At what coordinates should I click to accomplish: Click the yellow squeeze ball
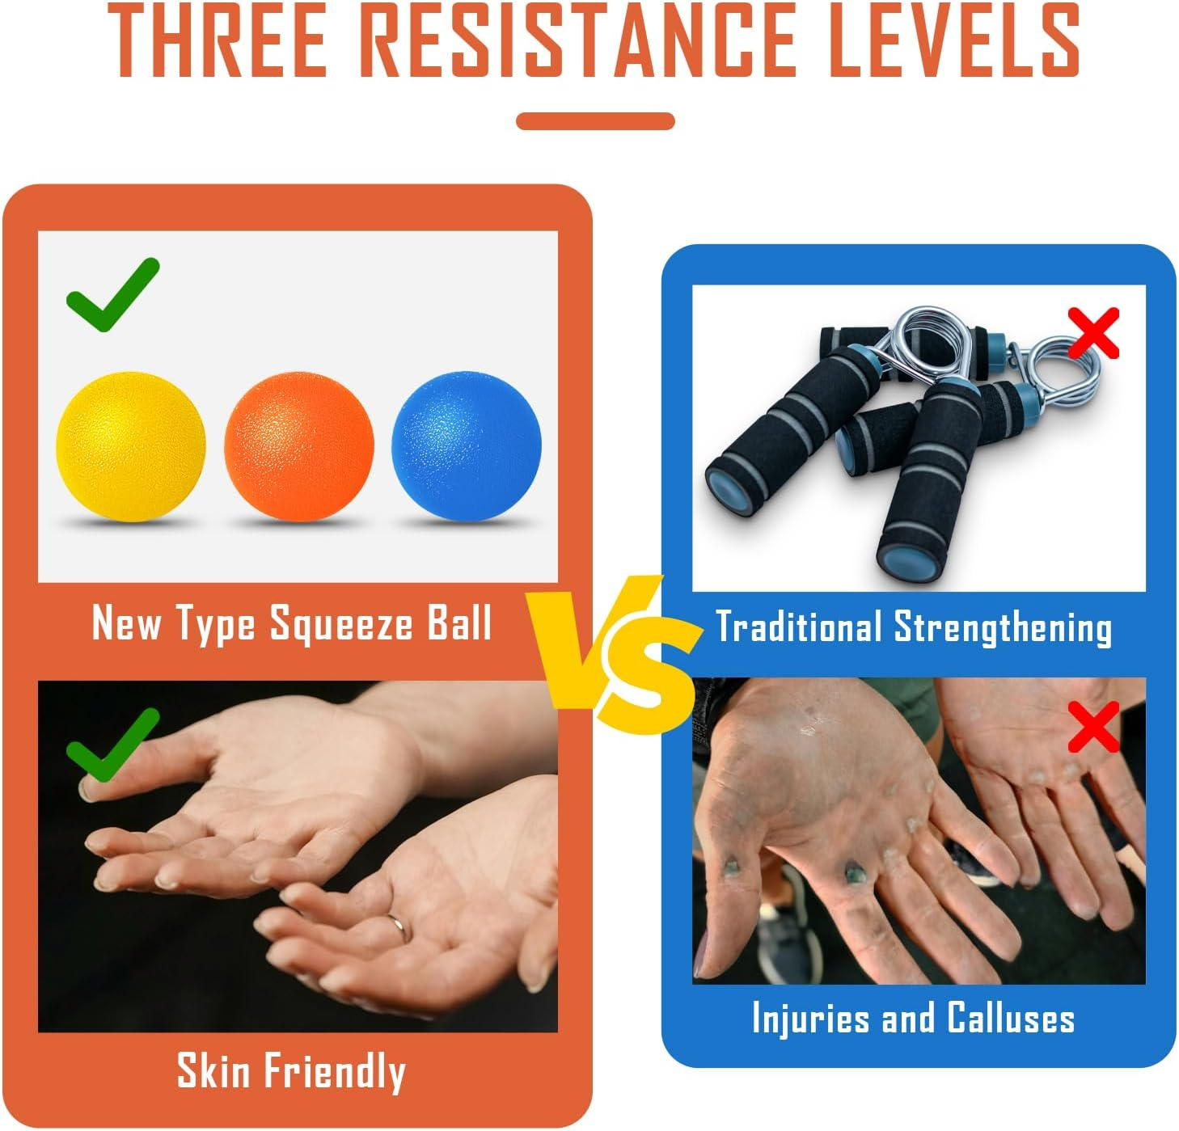tap(130, 446)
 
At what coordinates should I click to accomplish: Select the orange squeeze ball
tap(298, 446)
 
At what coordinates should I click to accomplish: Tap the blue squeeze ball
tap(466, 446)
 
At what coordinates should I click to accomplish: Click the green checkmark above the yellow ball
tap(112, 295)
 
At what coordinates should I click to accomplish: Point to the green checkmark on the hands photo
tap(112, 745)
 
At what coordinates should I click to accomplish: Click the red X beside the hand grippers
tap(1093, 332)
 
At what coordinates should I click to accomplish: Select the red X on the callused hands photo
tap(1093, 726)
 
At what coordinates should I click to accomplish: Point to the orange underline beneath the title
tap(595, 121)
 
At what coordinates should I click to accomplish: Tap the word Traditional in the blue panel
tap(798, 628)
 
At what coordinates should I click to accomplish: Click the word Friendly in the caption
tap(336, 1072)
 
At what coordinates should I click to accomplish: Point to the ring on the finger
tap(399, 926)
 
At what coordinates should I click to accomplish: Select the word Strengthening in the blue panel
tap(1003, 628)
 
